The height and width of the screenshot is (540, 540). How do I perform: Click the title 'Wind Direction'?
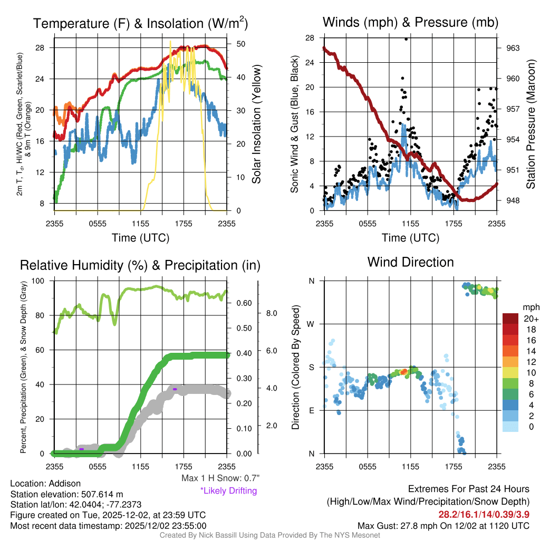410,262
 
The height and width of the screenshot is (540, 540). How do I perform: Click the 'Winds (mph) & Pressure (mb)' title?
410,22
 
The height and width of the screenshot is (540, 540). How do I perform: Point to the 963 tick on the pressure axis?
513,48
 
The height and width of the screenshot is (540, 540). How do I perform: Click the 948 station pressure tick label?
513,200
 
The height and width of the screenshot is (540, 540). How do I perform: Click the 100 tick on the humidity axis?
40,281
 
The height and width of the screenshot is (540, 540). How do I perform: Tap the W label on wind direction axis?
312,324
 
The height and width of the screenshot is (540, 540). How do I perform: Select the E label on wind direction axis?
312,410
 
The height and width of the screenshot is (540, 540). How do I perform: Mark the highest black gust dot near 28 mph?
406,39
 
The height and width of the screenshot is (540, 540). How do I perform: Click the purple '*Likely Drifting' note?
228,490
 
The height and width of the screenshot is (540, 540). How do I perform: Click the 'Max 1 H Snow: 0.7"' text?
220,478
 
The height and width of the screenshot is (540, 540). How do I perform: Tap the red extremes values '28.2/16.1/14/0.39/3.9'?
484,514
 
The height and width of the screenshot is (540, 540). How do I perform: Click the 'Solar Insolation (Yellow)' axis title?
257,124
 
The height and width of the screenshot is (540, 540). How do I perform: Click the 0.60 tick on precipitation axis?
243,303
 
